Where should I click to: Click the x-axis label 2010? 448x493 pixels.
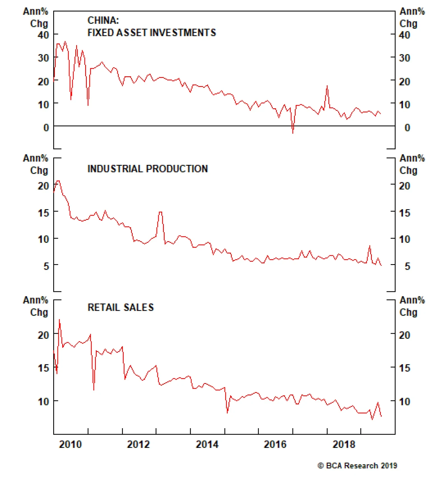point(70,444)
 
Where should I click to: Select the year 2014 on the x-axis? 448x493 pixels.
point(207,444)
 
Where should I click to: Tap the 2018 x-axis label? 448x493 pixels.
point(344,444)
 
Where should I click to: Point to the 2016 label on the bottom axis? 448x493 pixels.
point(275,444)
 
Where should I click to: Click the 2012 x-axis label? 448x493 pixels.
point(138,444)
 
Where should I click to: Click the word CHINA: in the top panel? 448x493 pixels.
point(103,20)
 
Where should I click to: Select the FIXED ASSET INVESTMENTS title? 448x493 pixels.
point(152,33)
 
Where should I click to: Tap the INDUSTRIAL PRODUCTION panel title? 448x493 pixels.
point(148,169)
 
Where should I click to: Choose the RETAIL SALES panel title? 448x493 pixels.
point(121,307)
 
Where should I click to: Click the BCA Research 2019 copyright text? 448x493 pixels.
point(357,466)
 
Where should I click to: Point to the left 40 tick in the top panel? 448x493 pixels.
point(43,35)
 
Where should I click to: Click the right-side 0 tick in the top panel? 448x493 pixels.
point(407,128)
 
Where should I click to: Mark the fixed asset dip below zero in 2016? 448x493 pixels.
point(293,132)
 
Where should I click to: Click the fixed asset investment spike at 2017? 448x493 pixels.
point(327,86)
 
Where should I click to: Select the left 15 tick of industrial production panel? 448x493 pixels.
point(43,213)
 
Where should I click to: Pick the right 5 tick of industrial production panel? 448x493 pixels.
point(407,266)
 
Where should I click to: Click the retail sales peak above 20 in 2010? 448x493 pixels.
point(59,320)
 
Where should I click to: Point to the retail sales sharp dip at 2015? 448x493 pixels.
point(227,412)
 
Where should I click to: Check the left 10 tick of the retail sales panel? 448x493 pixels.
point(43,402)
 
